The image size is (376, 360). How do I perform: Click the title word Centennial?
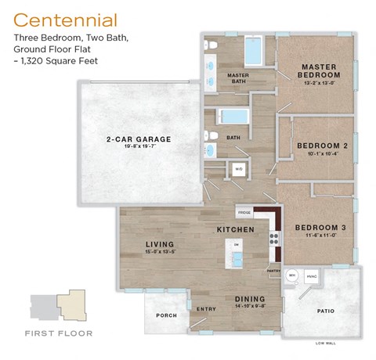click(66, 20)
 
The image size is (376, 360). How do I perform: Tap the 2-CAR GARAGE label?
click(138, 140)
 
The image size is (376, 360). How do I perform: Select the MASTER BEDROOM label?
click(318, 70)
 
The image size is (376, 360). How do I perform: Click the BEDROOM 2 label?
click(322, 146)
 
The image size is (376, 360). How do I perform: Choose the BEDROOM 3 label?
click(320, 228)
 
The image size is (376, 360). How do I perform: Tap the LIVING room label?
click(160, 245)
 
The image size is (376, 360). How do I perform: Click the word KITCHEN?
click(236, 229)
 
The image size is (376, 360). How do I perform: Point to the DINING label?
click(250, 299)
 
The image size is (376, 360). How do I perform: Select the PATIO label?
click(326, 311)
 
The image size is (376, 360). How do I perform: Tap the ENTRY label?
click(206, 308)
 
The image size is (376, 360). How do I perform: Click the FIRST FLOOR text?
click(58, 333)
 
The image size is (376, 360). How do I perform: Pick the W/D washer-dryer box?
click(239, 169)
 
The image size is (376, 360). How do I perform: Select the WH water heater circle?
click(291, 275)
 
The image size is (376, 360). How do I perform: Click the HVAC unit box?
click(311, 275)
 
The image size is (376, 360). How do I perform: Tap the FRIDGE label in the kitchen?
click(244, 213)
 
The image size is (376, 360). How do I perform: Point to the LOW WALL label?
click(326, 343)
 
